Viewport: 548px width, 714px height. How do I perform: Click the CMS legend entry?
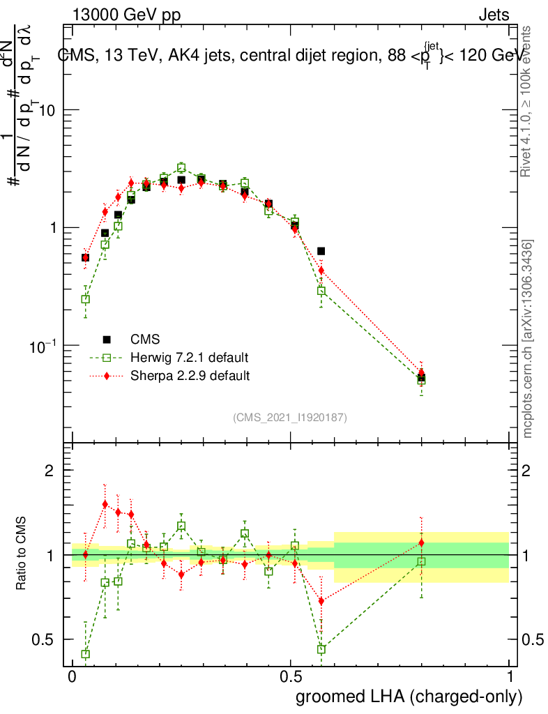pos(145,340)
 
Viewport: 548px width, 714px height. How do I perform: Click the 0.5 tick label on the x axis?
pos(291,677)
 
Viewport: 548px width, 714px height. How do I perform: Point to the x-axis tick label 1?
pos(510,677)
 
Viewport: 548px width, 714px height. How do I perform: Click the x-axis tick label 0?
pos(72,677)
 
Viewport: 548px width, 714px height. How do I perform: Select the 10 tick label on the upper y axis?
pos(47,111)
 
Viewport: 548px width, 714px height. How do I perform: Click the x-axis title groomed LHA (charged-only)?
pos(410,696)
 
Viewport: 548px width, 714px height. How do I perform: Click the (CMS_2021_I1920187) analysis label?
pos(290,417)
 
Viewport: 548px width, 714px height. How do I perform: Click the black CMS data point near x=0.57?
pos(321,251)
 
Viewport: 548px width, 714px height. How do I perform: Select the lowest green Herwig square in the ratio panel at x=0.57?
pos(321,649)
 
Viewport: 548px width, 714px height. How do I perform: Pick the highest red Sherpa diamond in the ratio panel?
pos(105,504)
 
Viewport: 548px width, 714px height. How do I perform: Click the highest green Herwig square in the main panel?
pos(181,167)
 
